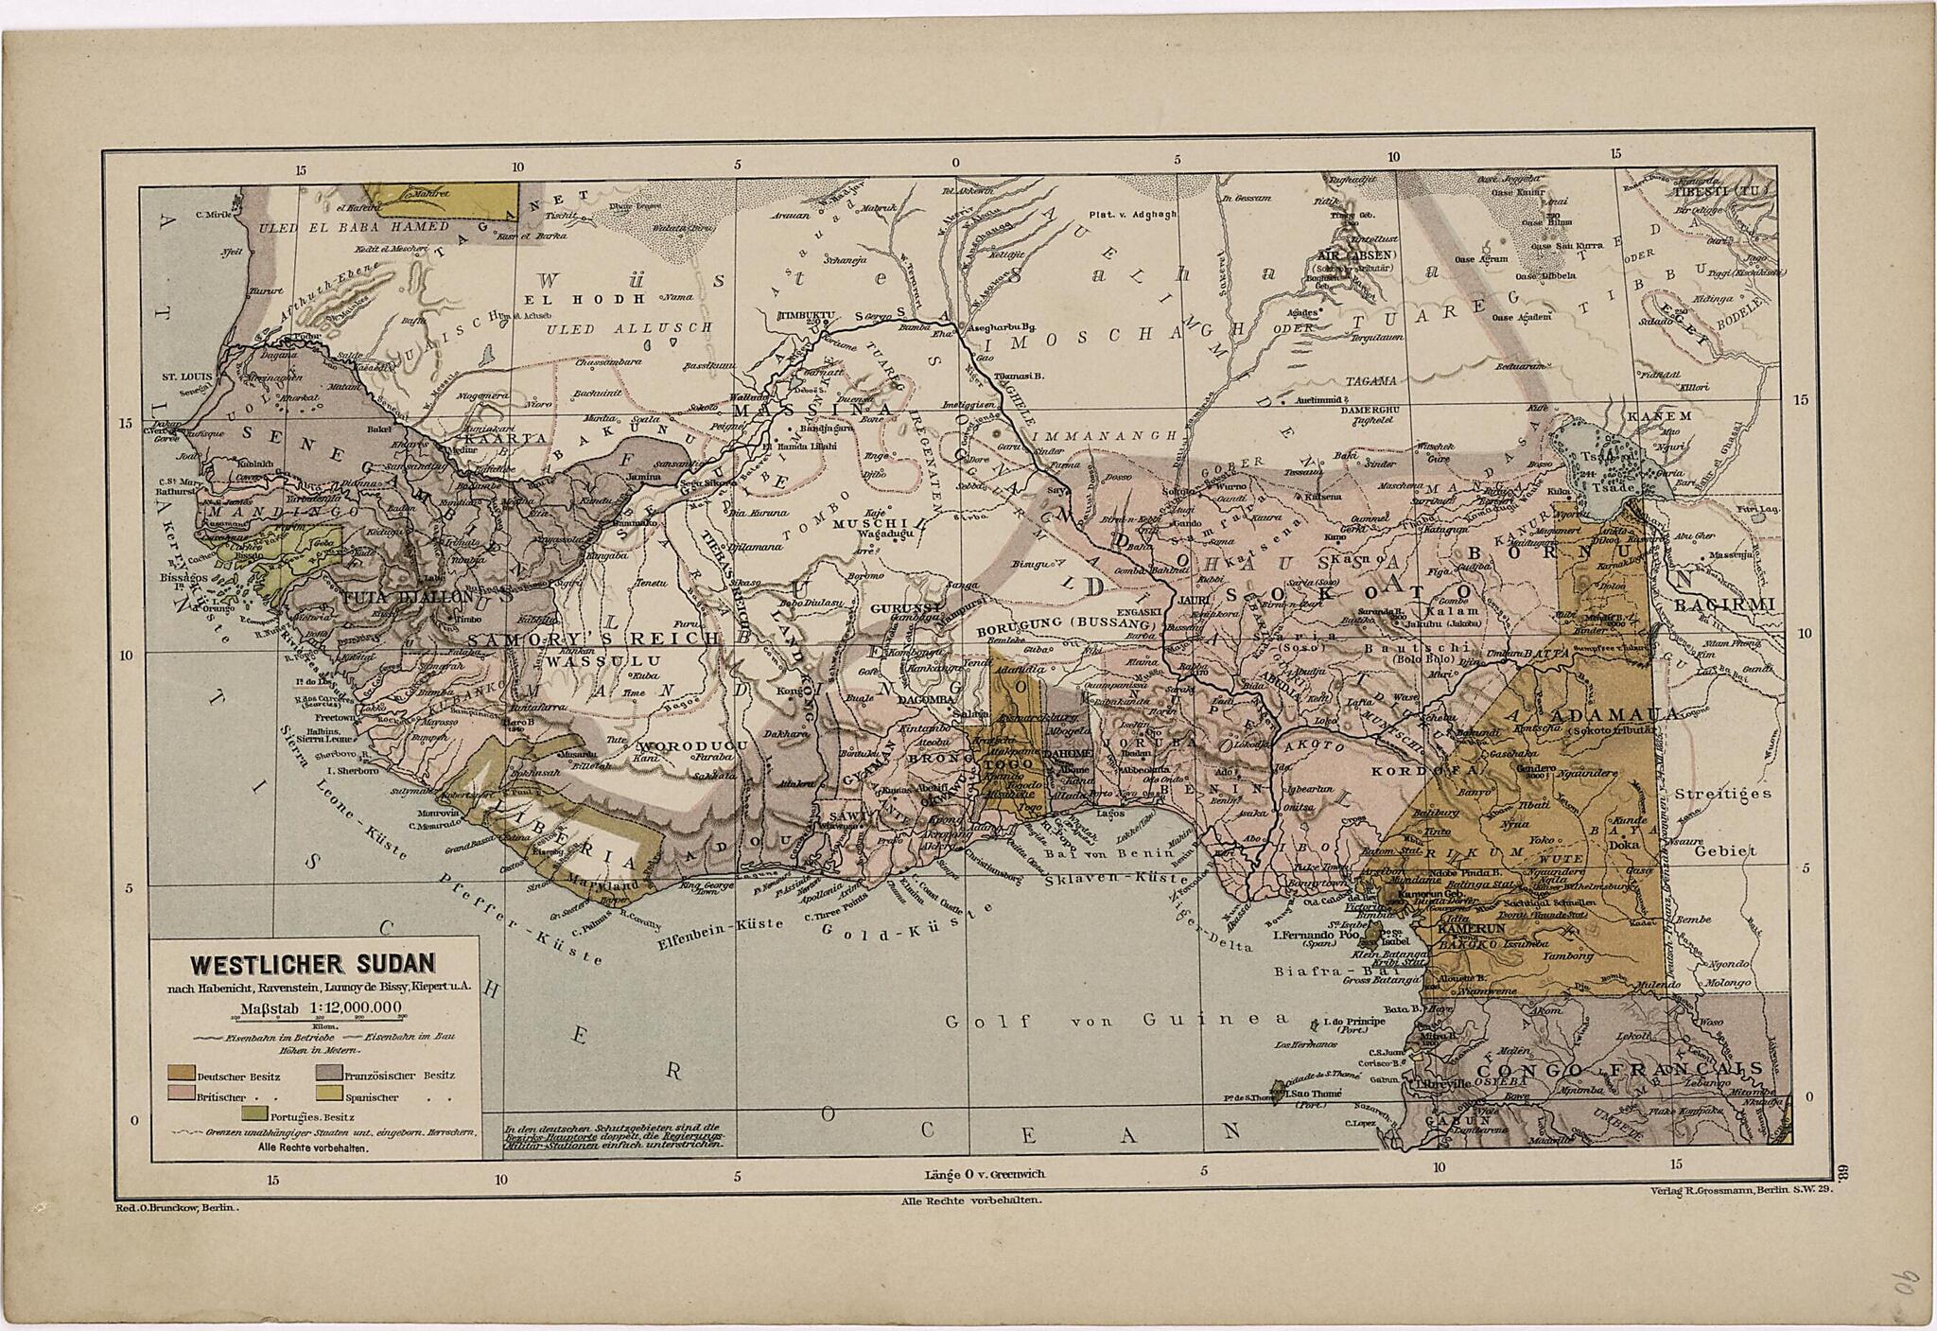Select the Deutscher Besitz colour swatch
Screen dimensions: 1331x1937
pos(183,1074)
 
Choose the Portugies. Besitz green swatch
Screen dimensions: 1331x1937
pos(256,1113)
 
